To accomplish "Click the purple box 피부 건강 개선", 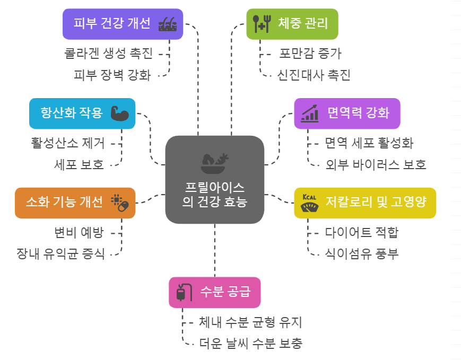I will tap(123, 24).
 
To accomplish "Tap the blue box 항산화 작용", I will tap(82, 113).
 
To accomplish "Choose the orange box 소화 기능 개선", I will tap(75, 203).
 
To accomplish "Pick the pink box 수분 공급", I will tap(215, 292).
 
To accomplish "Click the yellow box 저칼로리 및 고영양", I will tap(365, 203).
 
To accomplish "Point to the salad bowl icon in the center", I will tap(214, 162).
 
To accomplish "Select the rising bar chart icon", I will tap(310, 113).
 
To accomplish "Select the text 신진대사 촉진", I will tap(314, 75).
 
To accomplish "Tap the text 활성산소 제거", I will tap(67, 143).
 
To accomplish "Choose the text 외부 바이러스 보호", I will tap(376, 164).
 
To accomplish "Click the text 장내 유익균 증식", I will tap(60, 253).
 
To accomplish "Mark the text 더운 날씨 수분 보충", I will tap(250, 343).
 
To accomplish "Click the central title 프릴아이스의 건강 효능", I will tap(214, 195).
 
